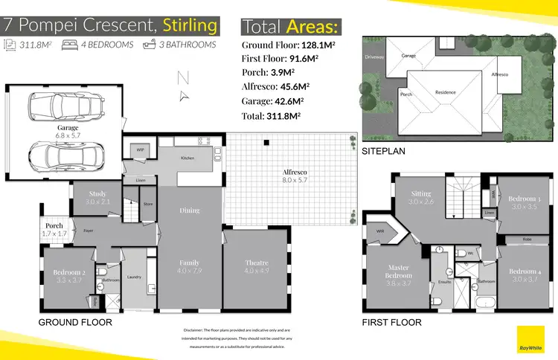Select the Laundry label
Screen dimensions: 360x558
pyautogui.click(x=135, y=277)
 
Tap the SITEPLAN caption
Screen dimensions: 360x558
pyautogui.click(x=384, y=151)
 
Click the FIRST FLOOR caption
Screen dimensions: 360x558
pyautogui.click(x=391, y=323)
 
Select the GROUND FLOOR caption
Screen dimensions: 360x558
pyautogui.click(x=75, y=323)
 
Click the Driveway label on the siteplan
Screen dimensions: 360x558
pyautogui.click(x=374, y=57)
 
